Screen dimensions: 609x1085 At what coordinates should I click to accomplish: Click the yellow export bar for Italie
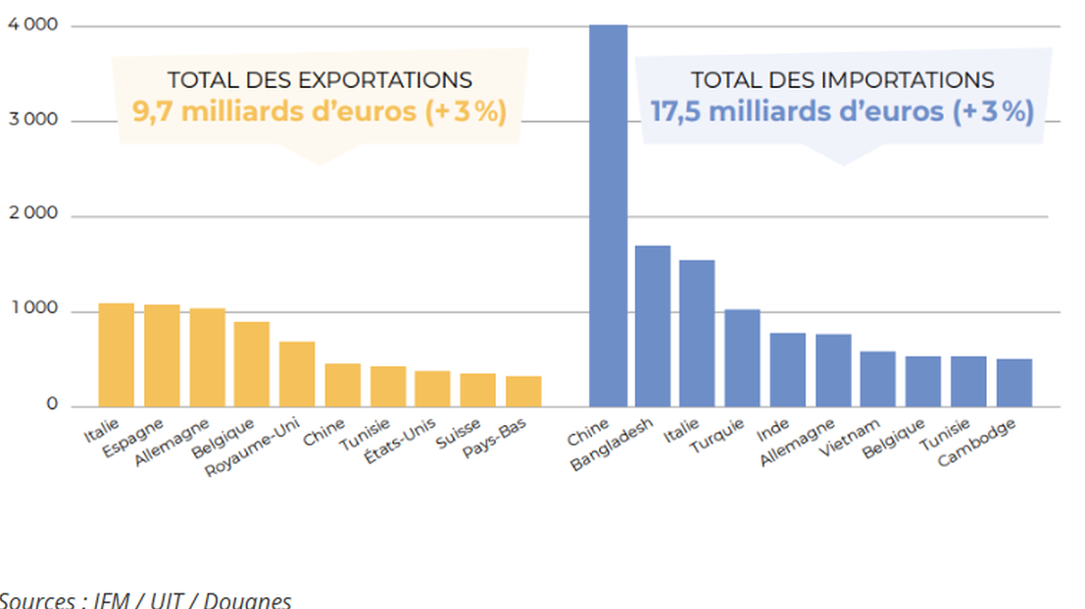click(116, 354)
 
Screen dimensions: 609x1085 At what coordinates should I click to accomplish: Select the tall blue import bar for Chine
click(608, 215)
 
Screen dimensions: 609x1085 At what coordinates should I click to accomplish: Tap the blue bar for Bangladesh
click(653, 325)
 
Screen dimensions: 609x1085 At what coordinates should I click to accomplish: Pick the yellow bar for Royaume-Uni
click(297, 373)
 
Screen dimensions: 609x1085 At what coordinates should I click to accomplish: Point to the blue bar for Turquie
click(742, 357)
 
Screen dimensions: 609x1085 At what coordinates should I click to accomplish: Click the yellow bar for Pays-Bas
click(523, 391)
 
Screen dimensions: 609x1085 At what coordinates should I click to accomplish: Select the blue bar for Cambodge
click(1014, 382)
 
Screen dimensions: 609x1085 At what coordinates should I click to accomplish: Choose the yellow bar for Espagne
click(162, 355)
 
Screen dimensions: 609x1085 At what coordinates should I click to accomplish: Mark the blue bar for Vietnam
click(878, 378)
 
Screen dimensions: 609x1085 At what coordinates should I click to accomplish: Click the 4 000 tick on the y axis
click(32, 26)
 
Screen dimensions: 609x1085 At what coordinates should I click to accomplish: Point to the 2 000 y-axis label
click(32, 214)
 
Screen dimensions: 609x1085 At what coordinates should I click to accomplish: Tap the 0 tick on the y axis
click(51, 404)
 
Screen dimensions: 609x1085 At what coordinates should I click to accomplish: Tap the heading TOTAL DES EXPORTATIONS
click(320, 80)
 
